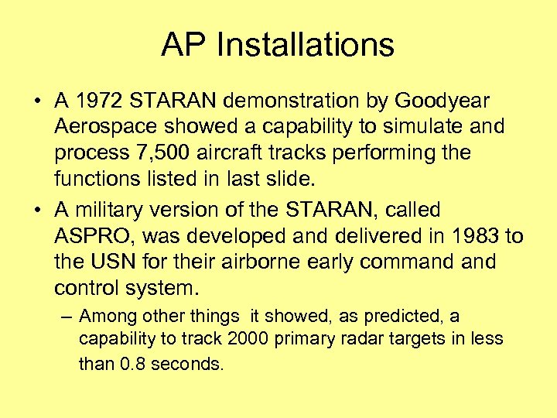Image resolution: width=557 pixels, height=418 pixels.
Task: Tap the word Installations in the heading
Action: pyautogui.click(x=306, y=45)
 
